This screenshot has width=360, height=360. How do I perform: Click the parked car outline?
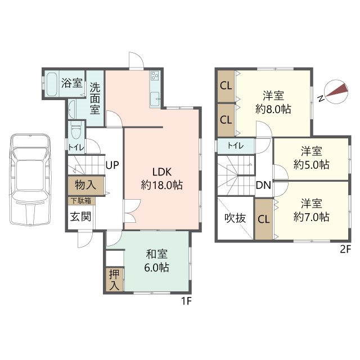[30, 179]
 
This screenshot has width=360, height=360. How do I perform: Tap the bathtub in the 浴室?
[52, 84]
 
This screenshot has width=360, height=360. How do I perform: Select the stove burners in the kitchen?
[155, 75]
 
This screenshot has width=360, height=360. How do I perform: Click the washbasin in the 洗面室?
[72, 110]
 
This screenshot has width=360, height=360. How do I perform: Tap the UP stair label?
[112, 165]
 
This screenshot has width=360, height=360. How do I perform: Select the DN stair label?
[263, 185]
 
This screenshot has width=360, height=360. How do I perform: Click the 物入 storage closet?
[86, 186]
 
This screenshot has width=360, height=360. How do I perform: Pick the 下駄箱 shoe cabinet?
[82, 201]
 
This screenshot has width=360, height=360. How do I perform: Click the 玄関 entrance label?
[80, 217]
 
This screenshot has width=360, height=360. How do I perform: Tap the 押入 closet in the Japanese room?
[115, 280]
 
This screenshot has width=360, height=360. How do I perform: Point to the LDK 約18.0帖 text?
[162, 178]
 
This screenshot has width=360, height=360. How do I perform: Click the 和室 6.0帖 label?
[157, 261]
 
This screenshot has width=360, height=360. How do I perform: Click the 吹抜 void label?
[235, 218]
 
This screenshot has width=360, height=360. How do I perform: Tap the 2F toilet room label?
[236, 146]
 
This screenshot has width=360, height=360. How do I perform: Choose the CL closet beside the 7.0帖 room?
[264, 219]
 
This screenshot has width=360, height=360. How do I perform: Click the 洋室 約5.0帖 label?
[311, 158]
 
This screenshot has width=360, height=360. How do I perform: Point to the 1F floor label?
[186, 301]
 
